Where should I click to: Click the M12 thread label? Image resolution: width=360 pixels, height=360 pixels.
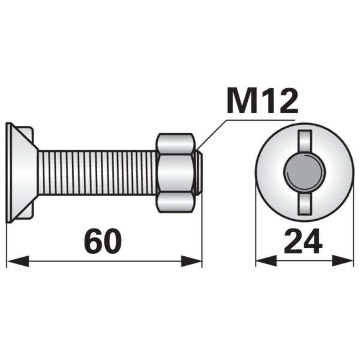click(x=262, y=101)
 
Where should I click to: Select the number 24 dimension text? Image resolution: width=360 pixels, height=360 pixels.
click(x=303, y=241)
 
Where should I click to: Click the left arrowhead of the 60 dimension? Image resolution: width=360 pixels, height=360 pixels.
click(x=18, y=261)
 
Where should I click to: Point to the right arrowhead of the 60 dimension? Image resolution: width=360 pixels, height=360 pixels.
click(x=191, y=261)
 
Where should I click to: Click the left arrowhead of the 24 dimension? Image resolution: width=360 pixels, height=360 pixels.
click(x=266, y=260)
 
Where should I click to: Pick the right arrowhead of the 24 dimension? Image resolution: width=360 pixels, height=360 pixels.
click(x=343, y=260)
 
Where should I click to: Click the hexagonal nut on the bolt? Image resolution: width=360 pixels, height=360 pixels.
click(x=175, y=173)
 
